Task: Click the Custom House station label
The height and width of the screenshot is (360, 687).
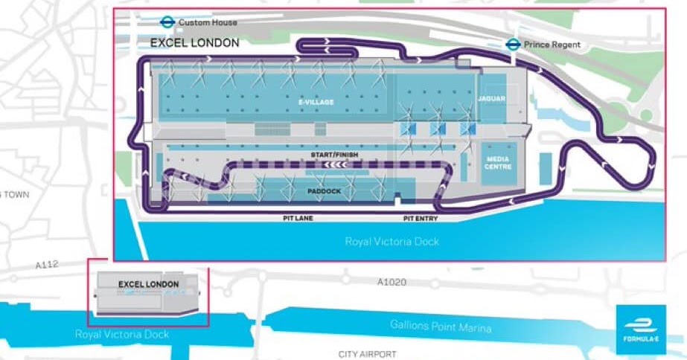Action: coord(208,23)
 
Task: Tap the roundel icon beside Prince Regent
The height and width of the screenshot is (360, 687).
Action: coord(512,44)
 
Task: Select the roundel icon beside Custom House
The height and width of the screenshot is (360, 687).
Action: coord(167,22)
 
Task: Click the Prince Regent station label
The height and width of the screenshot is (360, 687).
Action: coord(553,45)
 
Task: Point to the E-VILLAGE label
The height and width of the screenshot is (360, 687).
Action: coord(316,102)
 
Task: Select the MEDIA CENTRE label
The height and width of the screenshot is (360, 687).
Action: coord(496,162)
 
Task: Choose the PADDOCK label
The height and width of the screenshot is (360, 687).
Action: coord(325,191)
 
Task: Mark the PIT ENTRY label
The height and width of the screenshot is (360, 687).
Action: coord(421,219)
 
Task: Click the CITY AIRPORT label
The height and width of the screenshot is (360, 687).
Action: coord(367,354)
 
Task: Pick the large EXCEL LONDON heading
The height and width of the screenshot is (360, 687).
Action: coord(195,43)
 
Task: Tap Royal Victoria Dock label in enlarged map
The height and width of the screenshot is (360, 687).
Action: coord(392,242)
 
